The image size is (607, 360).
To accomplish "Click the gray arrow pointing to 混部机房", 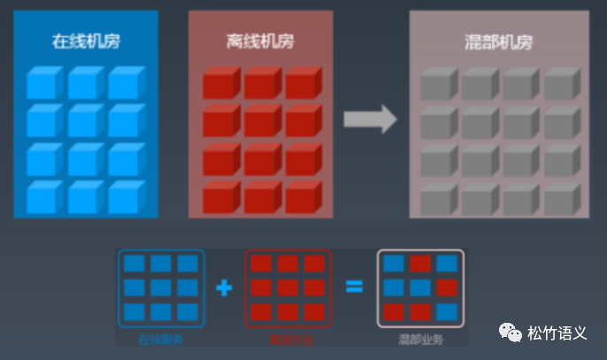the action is pos(369,119).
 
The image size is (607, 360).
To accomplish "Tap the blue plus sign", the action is pos(224,287).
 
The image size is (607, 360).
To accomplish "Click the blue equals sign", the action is pos(354,287).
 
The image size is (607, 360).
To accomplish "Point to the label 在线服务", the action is pos(160,339).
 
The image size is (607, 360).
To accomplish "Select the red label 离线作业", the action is pos(288,339).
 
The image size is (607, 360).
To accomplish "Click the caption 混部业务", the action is pos(420,339).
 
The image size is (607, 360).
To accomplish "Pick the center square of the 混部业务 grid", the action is pos(420,287).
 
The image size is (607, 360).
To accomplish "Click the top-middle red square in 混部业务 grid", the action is pos(420,264).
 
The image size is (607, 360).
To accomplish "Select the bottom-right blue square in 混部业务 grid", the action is pos(447,311).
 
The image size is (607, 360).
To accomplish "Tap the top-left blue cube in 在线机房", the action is pos(42,82).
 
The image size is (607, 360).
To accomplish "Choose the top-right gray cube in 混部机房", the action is pos(560,84).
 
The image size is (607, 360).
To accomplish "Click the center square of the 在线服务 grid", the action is pos(160,287).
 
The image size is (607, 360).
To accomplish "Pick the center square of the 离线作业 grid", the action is pos(288,287).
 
